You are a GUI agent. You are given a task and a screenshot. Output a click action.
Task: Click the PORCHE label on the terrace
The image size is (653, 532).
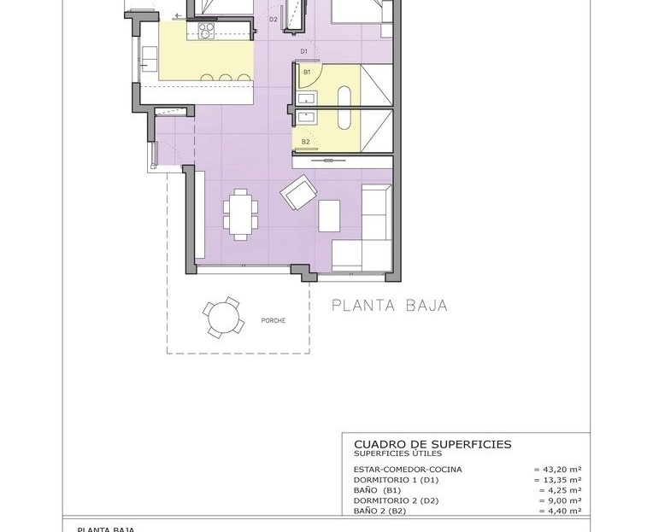point(274,321)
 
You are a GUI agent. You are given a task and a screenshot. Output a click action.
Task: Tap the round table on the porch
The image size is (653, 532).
point(224,318)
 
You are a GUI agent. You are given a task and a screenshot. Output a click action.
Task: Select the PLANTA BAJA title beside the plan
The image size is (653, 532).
point(390,306)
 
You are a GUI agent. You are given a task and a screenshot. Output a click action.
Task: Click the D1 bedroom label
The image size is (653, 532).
point(304,51)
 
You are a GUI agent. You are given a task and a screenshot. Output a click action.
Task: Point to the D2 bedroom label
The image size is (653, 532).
point(274,19)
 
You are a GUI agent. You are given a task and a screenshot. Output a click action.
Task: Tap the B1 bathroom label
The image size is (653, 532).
point(307,72)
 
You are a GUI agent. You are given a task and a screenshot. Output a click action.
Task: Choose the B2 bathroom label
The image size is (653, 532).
point(306,142)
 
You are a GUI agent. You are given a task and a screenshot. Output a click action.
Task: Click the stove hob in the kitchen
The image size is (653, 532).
point(206,31)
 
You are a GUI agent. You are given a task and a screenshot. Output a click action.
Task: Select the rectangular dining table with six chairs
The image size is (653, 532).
point(240,214)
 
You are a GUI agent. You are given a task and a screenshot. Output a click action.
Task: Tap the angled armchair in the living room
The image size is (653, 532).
point(298,192)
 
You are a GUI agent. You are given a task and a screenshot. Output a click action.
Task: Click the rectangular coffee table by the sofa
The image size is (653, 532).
point(329,216)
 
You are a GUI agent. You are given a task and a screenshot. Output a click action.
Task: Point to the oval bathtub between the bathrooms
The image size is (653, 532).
point(344,108)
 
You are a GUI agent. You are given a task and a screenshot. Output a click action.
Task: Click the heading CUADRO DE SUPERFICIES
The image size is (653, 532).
point(432,444)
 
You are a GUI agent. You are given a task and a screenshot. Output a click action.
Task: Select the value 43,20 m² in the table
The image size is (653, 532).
point(557,469)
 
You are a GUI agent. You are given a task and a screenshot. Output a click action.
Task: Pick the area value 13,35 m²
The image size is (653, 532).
point(557,480)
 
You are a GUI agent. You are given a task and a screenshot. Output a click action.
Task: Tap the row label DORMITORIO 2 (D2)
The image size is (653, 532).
point(396,500)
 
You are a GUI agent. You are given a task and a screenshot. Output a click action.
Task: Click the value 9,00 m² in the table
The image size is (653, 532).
point(560,500)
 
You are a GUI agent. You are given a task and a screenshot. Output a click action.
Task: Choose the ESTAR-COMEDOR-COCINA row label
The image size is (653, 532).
point(408,469)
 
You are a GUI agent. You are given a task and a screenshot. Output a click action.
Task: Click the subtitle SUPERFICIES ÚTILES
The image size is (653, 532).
point(397,453)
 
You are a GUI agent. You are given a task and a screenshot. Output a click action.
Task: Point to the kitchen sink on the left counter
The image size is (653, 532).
point(150,59)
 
